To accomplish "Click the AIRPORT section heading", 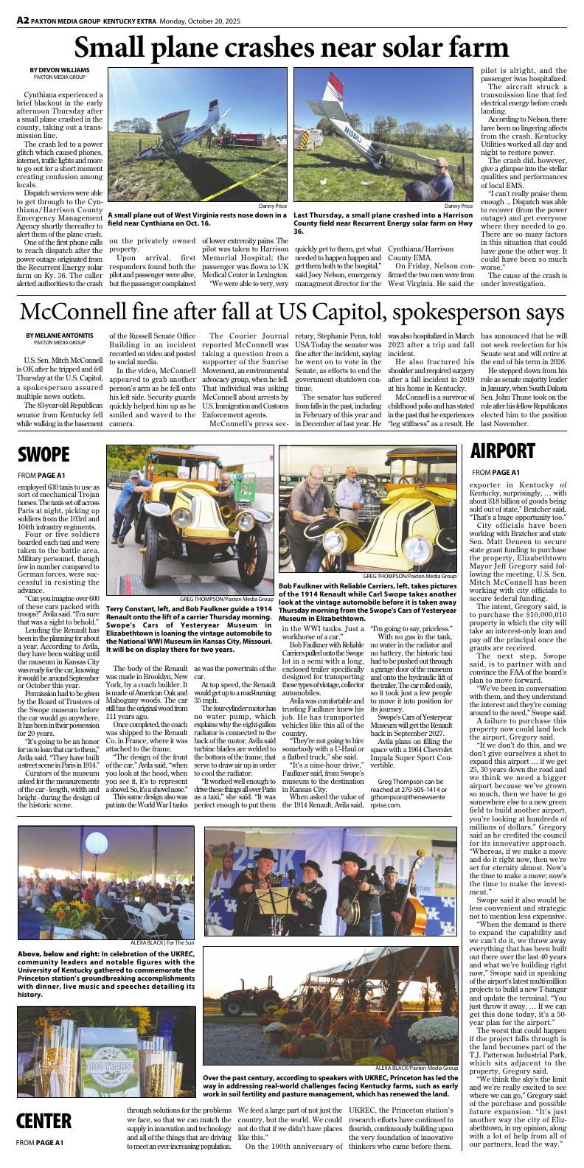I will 502,450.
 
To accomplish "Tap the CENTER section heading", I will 44,1121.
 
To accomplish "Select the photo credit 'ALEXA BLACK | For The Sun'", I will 162,943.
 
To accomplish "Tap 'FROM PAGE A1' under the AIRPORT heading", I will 496,472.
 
